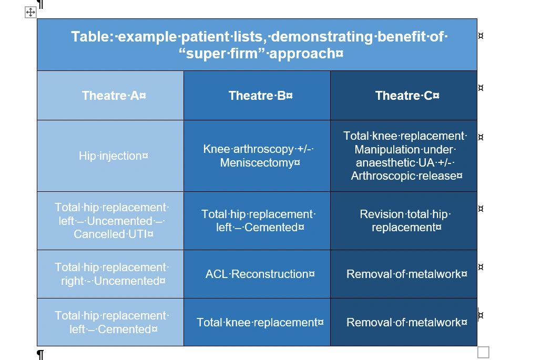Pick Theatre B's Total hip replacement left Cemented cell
coord(258,221)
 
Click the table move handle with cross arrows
coord(30,13)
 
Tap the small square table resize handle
coord(483,352)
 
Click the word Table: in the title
coord(92,37)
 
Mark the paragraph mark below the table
coord(40,354)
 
